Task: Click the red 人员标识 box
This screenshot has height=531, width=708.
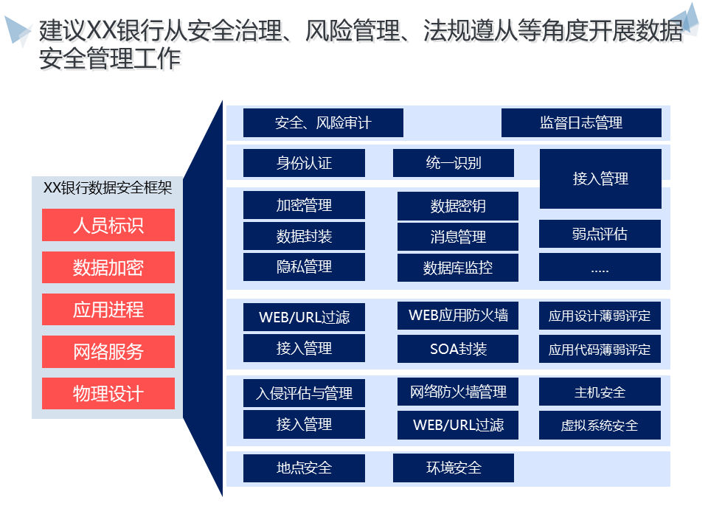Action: click(108, 225)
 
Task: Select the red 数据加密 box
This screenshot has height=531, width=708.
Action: click(108, 267)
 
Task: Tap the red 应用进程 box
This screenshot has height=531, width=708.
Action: click(108, 309)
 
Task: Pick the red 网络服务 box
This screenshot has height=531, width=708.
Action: click(108, 352)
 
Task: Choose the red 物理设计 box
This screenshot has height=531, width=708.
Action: click(108, 393)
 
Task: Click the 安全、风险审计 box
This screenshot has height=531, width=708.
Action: click(323, 123)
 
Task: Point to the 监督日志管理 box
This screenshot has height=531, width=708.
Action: click(581, 123)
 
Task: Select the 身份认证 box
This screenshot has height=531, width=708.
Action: click(304, 163)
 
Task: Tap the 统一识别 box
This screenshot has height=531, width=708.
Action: click(454, 163)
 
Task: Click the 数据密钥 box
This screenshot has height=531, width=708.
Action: click(457, 206)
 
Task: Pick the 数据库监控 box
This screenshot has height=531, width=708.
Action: click(457, 268)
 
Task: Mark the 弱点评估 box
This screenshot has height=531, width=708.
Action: click(600, 234)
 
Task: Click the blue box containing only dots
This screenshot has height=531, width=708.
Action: click(600, 268)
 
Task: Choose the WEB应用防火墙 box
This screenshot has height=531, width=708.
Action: click(457, 316)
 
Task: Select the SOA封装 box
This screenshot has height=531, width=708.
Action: click(457, 349)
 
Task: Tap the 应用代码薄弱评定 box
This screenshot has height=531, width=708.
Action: click(600, 350)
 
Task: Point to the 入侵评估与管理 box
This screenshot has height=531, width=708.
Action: click(304, 393)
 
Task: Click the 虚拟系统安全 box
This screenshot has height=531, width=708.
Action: click(600, 425)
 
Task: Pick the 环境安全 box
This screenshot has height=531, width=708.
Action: click(454, 468)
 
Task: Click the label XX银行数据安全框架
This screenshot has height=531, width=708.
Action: click(108, 187)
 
